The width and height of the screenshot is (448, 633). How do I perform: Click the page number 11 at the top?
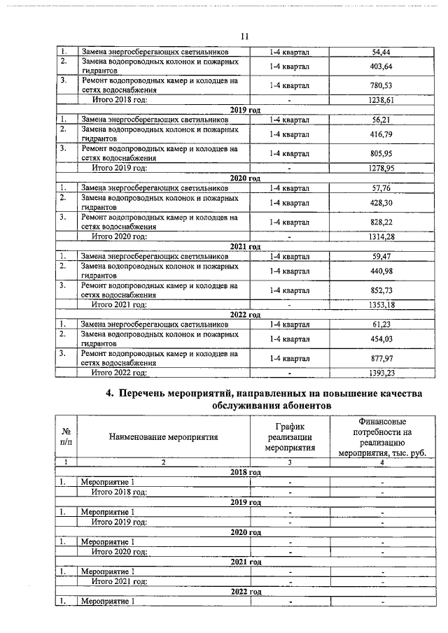[x=244, y=36]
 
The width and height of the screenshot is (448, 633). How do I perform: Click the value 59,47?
[x=381, y=256]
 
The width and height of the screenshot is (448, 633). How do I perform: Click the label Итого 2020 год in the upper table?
[x=120, y=237]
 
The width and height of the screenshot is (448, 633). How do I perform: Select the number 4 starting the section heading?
[x=109, y=394]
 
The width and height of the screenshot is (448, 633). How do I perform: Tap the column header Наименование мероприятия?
[x=164, y=437]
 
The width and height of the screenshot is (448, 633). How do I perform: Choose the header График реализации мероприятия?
[x=289, y=437]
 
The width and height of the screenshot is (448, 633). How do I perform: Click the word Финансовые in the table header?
[x=382, y=422]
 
